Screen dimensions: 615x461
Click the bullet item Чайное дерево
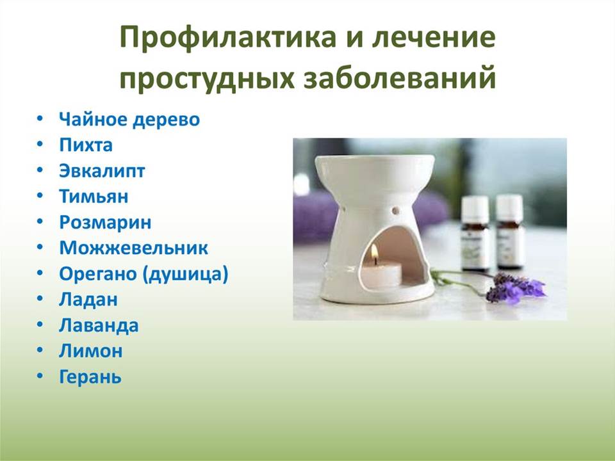tap(129, 119)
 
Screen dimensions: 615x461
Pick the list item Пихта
tap(86, 145)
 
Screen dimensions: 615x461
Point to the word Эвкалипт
tap(102, 171)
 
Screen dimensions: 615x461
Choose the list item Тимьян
tap(94, 196)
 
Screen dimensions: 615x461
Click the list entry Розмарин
tap(105, 223)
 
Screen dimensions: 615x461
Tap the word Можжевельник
tap(134, 248)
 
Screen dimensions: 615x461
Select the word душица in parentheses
tap(184, 275)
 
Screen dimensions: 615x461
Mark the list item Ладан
tap(88, 300)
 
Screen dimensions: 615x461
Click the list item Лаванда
tap(99, 325)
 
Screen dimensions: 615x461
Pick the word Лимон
tap(90, 351)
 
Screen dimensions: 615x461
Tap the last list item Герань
tap(90, 377)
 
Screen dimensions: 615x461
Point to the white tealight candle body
tap(381, 275)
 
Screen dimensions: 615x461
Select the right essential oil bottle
tap(510, 231)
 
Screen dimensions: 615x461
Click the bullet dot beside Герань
tap(40, 376)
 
